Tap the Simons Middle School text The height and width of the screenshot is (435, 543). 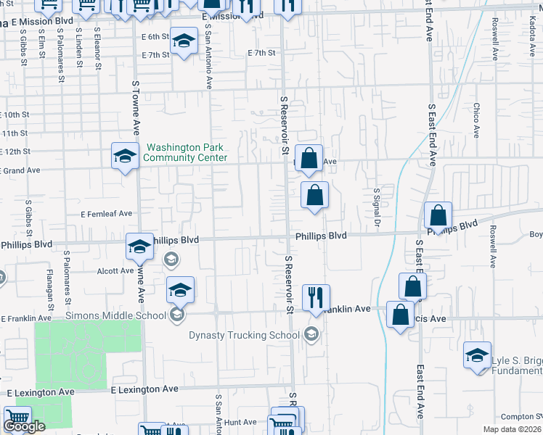click(116, 315)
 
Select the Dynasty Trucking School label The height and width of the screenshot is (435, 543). click(244, 335)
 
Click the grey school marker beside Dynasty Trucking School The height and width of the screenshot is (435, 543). click(311, 333)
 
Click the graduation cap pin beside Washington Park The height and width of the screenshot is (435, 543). click(125, 155)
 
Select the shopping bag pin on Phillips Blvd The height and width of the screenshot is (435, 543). click(438, 215)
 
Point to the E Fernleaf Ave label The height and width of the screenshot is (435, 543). click(107, 214)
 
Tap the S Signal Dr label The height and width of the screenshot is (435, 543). click(377, 205)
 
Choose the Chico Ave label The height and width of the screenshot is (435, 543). click(477, 120)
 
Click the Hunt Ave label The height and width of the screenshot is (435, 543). click(240, 422)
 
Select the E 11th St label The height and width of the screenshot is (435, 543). click(15, 133)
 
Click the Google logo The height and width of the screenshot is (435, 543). click(24, 426)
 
